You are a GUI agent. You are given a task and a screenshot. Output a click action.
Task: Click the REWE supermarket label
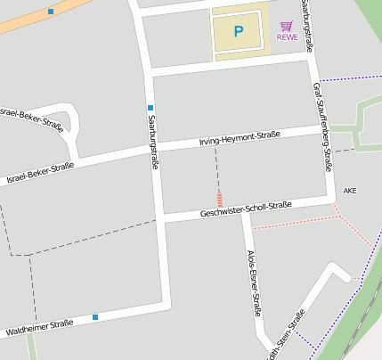[287, 37]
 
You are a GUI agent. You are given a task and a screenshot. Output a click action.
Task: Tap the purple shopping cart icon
[286, 26]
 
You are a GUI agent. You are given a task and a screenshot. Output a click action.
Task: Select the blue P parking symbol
[238, 31]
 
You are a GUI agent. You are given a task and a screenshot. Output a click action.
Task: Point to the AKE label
[349, 191]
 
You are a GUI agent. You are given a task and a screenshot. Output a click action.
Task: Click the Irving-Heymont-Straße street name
[239, 138]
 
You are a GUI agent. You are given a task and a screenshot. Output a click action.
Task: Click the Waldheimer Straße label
[39, 327]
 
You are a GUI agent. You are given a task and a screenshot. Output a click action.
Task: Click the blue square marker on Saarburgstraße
[150, 108]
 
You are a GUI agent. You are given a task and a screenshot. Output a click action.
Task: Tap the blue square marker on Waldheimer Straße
[95, 316]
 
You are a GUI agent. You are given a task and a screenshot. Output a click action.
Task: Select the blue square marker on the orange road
[51, 12]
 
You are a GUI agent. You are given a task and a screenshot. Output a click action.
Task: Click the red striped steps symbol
[219, 198]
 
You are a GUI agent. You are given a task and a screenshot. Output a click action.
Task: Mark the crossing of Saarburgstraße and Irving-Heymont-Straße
[154, 151]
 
